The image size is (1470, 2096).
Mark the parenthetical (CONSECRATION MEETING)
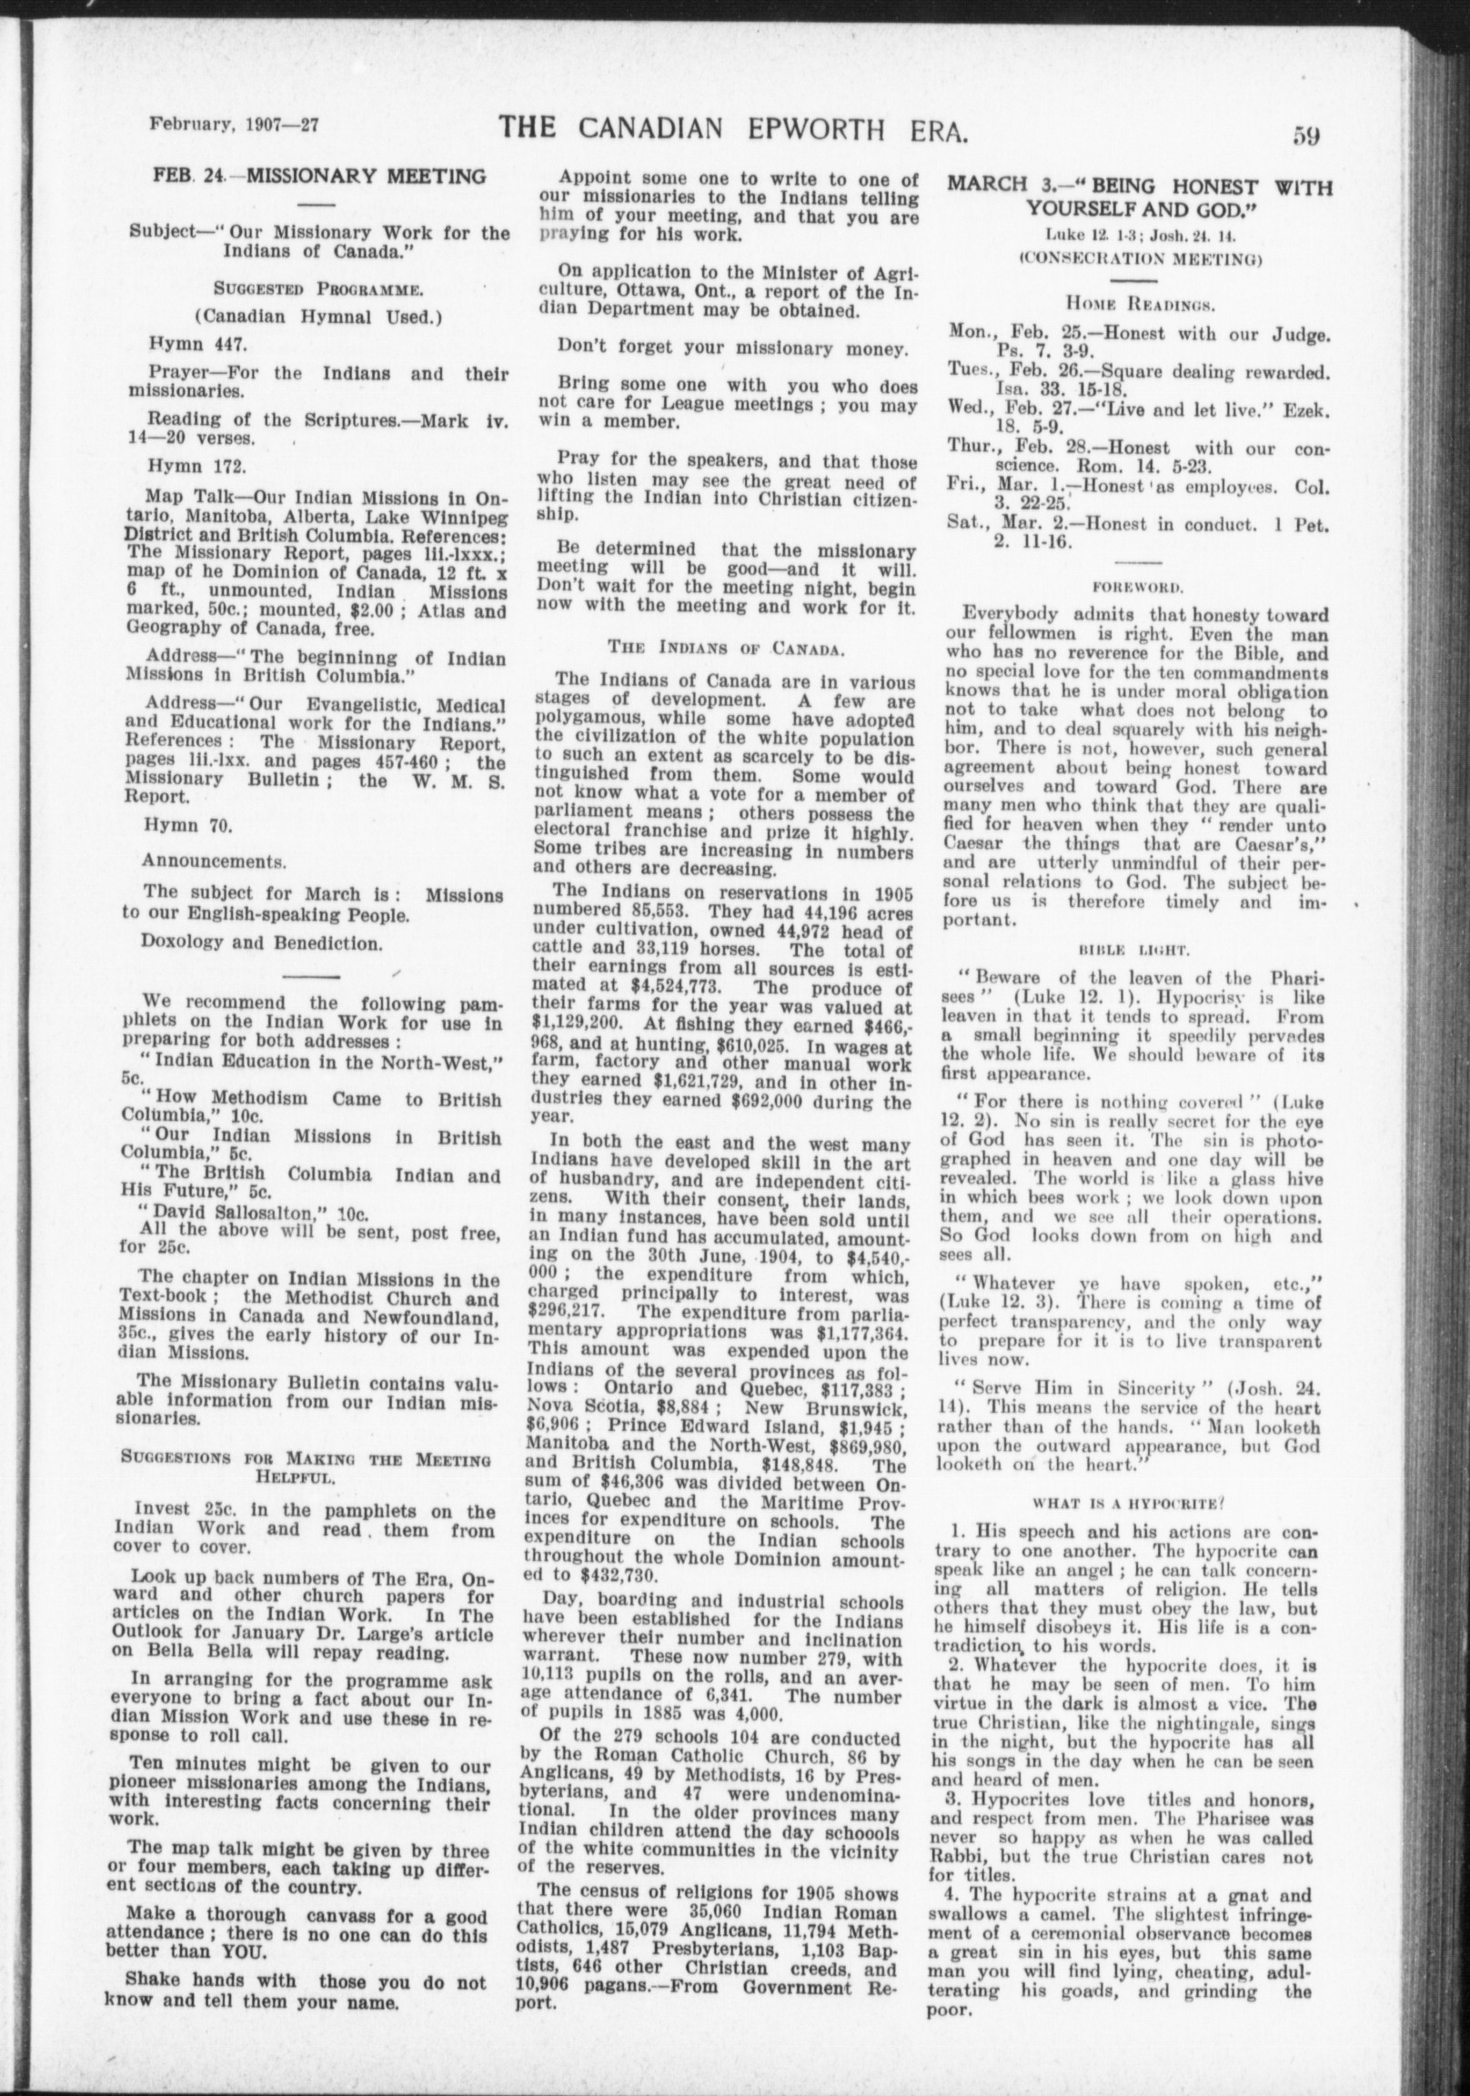click(x=1140, y=257)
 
